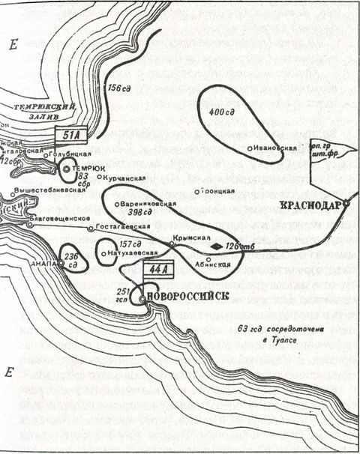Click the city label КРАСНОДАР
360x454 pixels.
(x=310, y=205)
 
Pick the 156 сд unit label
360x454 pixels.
(x=120, y=88)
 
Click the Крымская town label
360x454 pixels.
(x=189, y=236)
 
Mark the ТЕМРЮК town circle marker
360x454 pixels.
(x=66, y=170)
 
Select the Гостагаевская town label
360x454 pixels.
(x=118, y=227)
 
